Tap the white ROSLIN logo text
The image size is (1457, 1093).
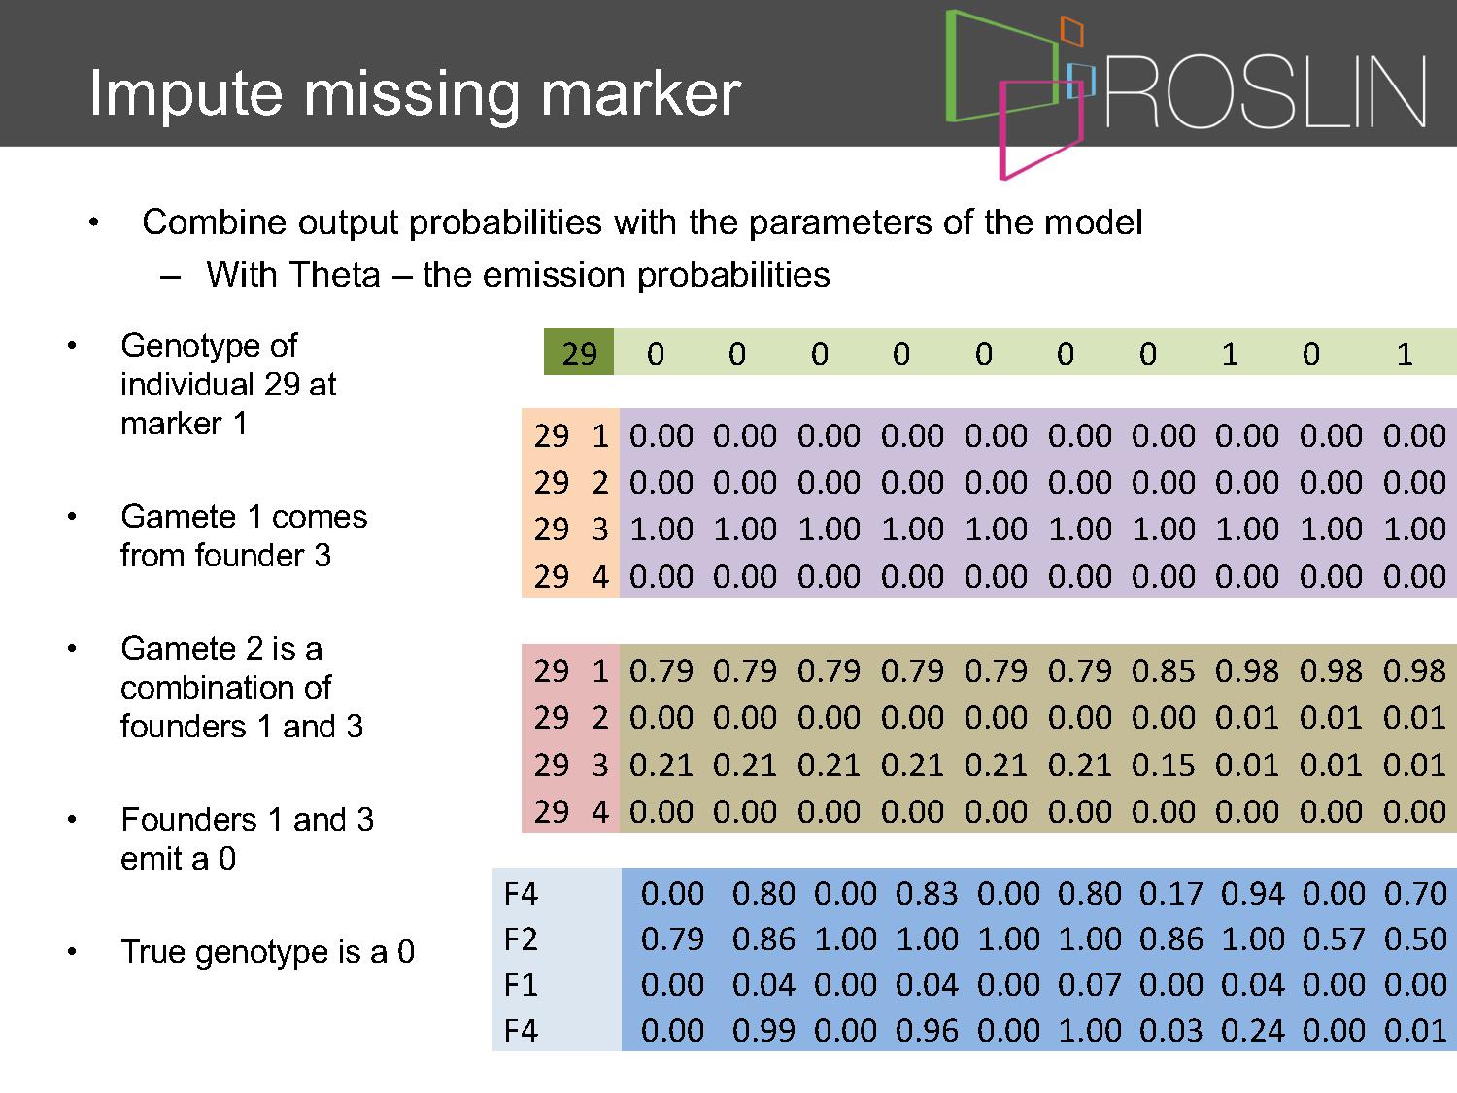(x=1266, y=93)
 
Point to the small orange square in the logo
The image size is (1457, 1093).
(x=1072, y=31)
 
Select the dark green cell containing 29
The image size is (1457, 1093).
(x=579, y=353)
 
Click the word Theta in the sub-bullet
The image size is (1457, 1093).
(x=335, y=275)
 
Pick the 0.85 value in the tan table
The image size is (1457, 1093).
(x=1163, y=671)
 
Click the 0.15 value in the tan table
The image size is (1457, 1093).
(x=1163, y=766)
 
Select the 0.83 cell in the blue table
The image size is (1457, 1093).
(x=926, y=893)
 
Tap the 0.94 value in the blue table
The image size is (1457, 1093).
(x=1252, y=893)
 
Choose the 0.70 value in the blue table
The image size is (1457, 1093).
(x=1415, y=893)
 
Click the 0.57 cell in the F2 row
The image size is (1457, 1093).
(x=1334, y=939)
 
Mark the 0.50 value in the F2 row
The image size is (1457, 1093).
(x=1415, y=939)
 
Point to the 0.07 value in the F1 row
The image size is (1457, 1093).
(x=1089, y=985)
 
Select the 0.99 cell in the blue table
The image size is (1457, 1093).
(x=763, y=1031)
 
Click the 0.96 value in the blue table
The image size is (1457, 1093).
(x=926, y=1031)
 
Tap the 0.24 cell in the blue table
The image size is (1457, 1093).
(x=1252, y=1031)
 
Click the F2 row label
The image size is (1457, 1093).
(x=521, y=939)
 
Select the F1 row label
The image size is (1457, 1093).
(x=521, y=985)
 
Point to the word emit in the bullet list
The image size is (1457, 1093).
(x=154, y=859)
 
